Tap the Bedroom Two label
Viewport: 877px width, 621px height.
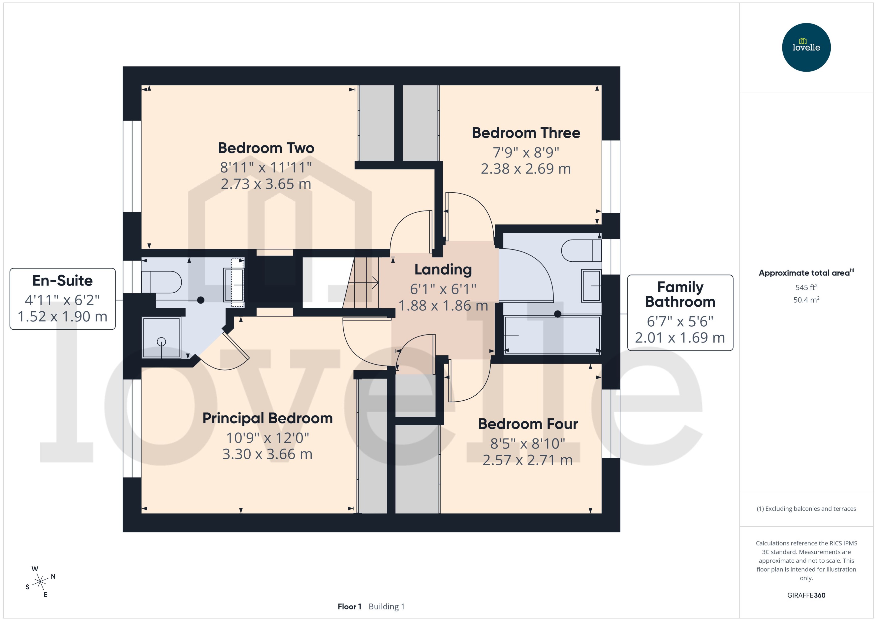(266, 148)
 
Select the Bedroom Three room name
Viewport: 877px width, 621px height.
(526, 133)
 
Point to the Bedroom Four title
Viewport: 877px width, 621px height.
(527, 424)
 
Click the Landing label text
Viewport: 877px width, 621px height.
(443, 270)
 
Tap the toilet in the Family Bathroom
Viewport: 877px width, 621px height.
(581, 250)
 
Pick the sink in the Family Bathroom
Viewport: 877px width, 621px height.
(591, 286)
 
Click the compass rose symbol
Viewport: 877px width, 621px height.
(40, 582)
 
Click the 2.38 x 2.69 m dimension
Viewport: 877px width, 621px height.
(525, 169)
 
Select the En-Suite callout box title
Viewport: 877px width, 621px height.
(62, 281)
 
